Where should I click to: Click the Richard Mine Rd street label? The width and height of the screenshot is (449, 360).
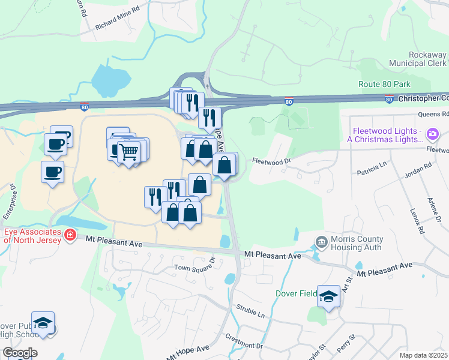click(x=117, y=26)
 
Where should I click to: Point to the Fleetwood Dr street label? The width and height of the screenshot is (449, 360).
click(x=271, y=161)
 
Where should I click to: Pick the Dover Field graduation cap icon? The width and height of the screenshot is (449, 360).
click(x=328, y=296)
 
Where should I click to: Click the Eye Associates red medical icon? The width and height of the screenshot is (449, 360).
click(x=70, y=234)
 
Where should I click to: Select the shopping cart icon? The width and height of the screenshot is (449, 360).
click(x=128, y=150)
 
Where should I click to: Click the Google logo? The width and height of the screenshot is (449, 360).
click(x=20, y=352)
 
